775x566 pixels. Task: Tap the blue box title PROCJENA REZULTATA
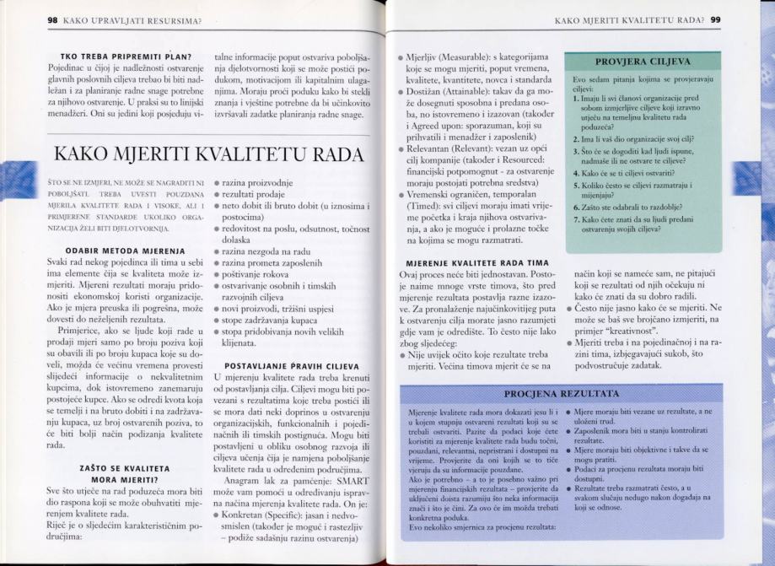click(x=554, y=394)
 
